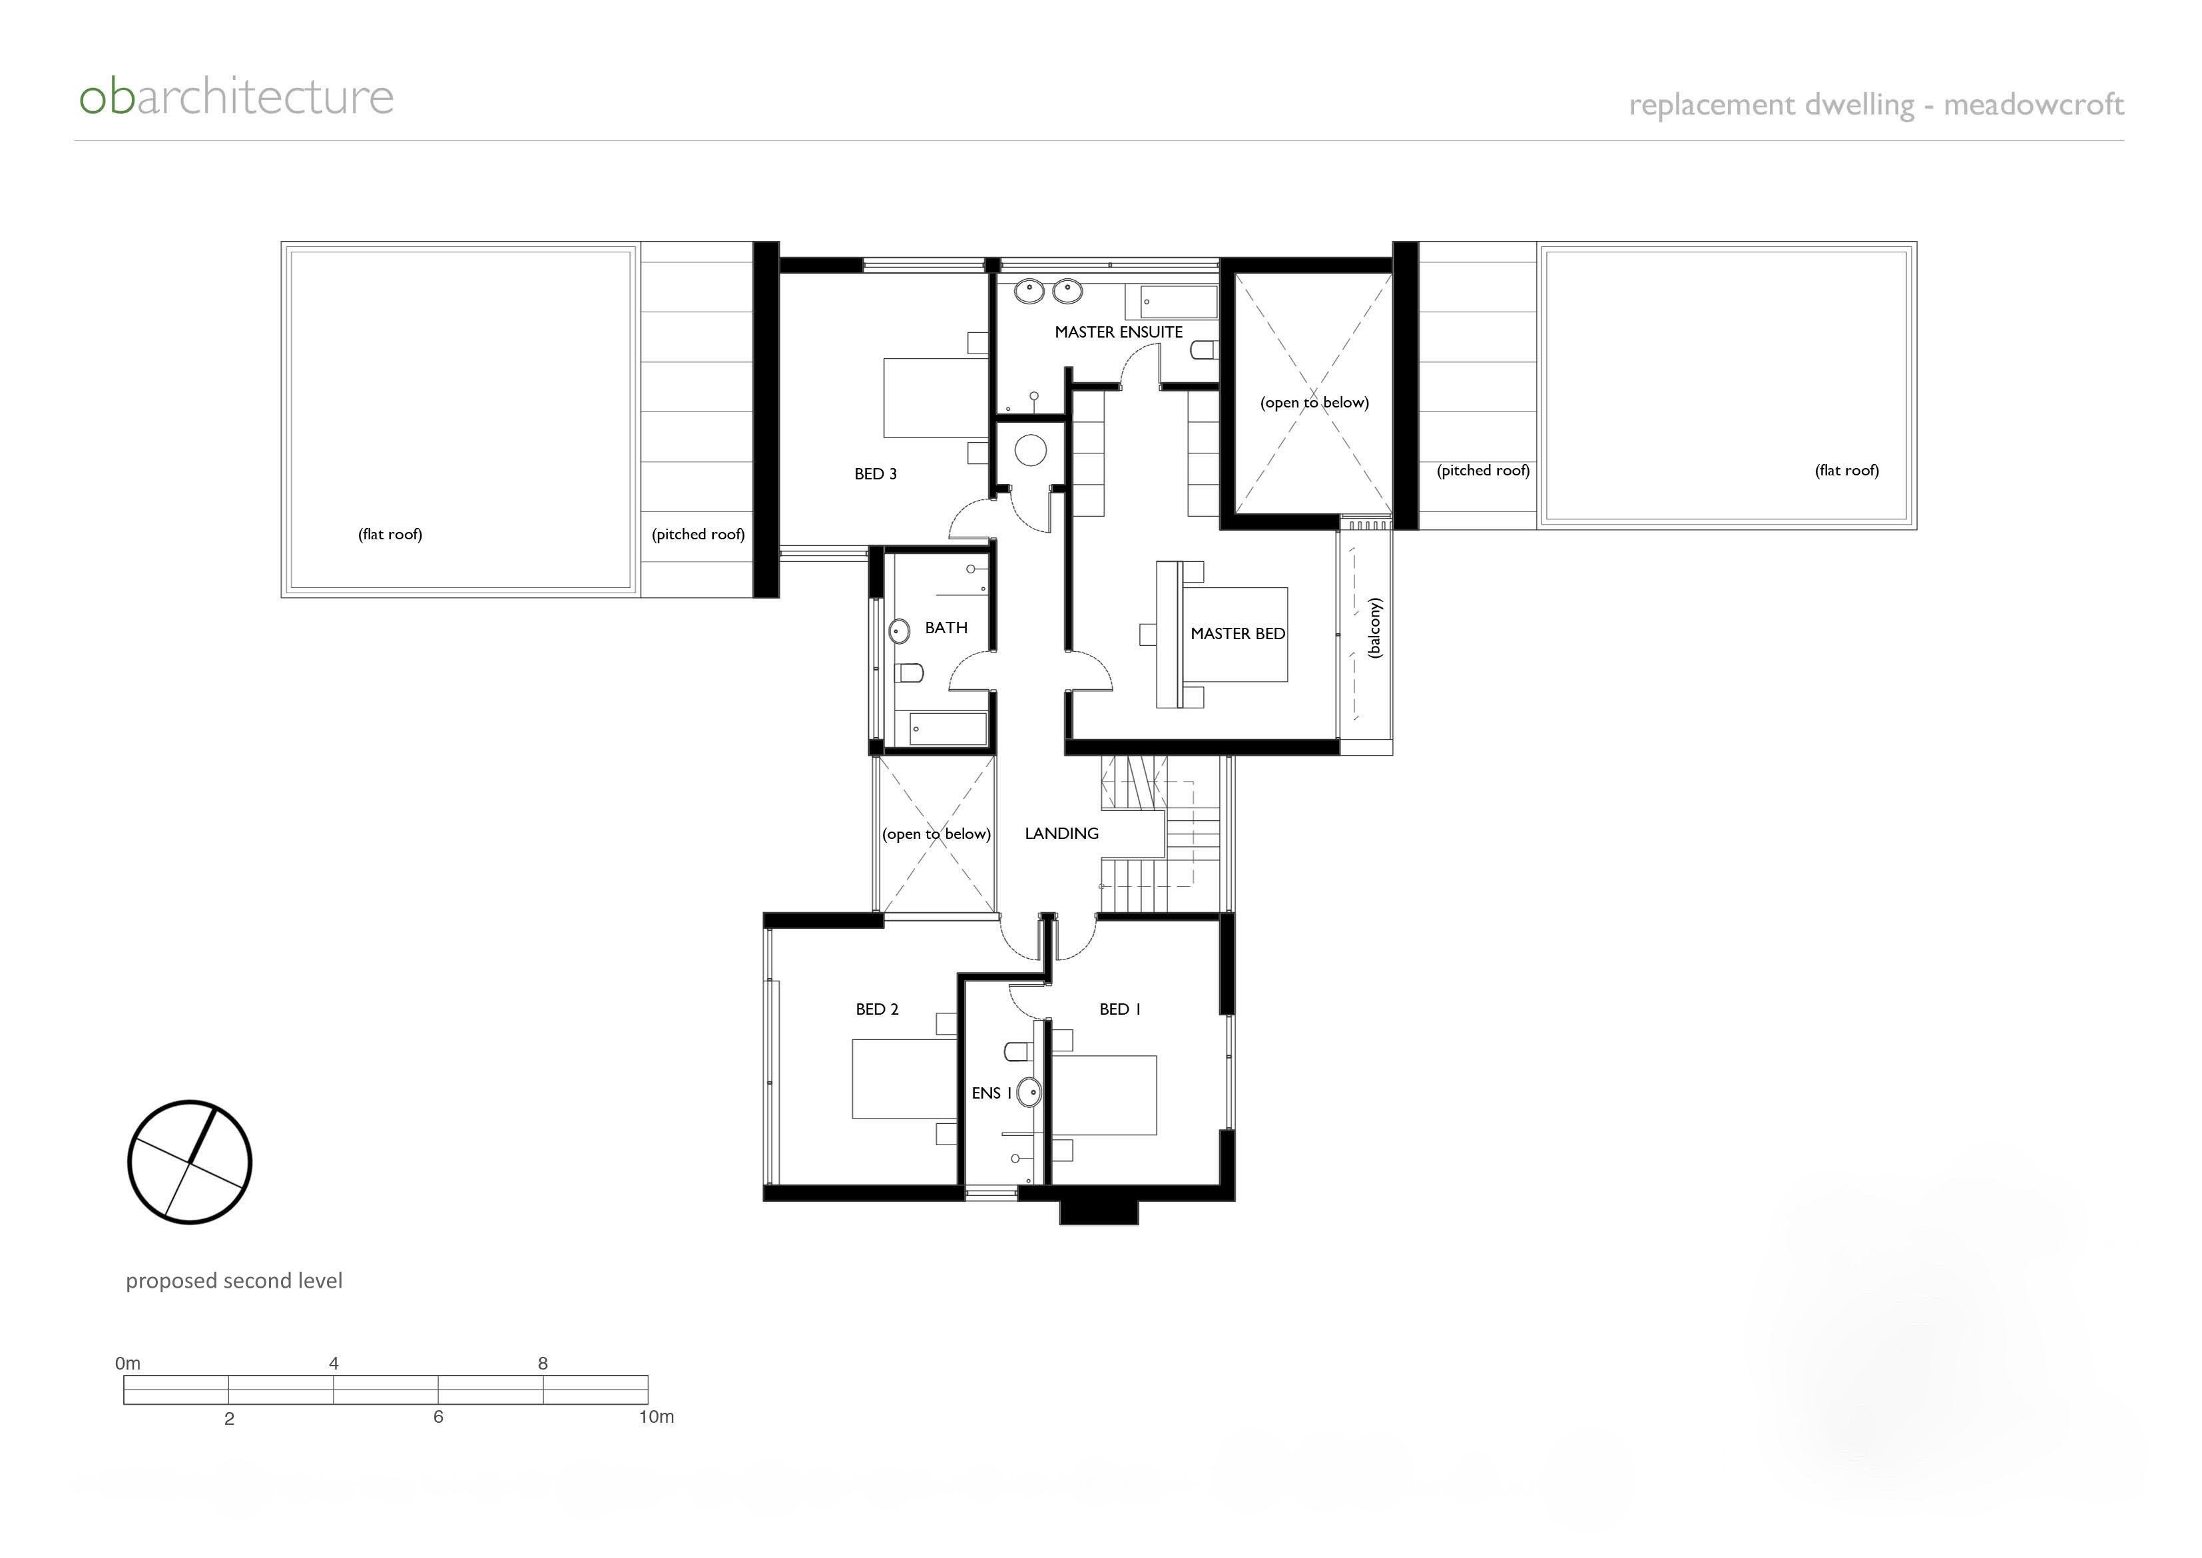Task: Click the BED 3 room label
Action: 875,474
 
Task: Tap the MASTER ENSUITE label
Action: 1118,332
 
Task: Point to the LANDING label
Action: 1061,834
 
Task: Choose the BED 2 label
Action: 877,1009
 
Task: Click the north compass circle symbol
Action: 190,1162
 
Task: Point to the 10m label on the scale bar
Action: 657,1417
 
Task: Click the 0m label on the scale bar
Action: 128,1364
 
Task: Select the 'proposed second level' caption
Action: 234,1281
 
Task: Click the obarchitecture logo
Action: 236,97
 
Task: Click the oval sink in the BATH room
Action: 899,631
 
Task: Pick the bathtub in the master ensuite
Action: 1178,301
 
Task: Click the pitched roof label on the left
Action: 698,535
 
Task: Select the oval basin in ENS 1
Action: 1029,1093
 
